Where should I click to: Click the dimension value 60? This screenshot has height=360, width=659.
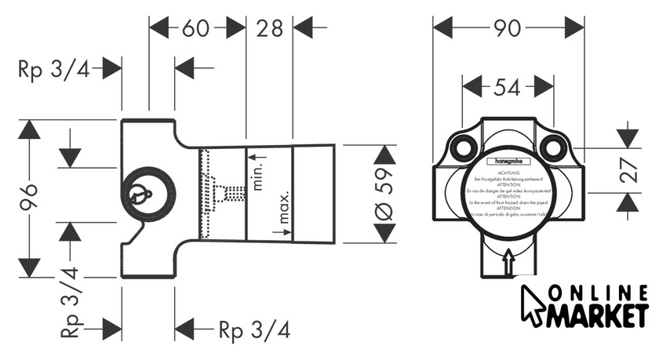(x=196, y=29)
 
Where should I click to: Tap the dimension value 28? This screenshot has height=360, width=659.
(x=269, y=29)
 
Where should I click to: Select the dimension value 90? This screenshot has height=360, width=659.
(x=508, y=28)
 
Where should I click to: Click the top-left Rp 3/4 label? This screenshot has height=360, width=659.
(x=53, y=69)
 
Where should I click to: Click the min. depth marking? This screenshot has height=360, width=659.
(x=258, y=176)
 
